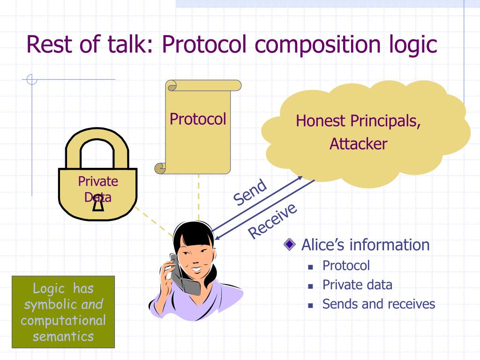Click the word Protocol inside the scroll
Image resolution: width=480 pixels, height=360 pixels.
point(198,119)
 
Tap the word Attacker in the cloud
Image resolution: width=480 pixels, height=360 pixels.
point(358,143)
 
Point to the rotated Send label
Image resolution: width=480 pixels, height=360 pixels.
point(250,192)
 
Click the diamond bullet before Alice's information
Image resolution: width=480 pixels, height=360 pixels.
point(291,245)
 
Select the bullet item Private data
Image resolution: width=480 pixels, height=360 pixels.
point(357,285)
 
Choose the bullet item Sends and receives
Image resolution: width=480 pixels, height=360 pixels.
point(379,304)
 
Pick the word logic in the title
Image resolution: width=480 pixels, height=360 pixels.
point(411,45)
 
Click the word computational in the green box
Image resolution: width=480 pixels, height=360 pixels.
point(63,321)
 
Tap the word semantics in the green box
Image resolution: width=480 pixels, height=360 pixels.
point(63,336)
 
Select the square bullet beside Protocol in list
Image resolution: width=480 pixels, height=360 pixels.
point(310,266)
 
